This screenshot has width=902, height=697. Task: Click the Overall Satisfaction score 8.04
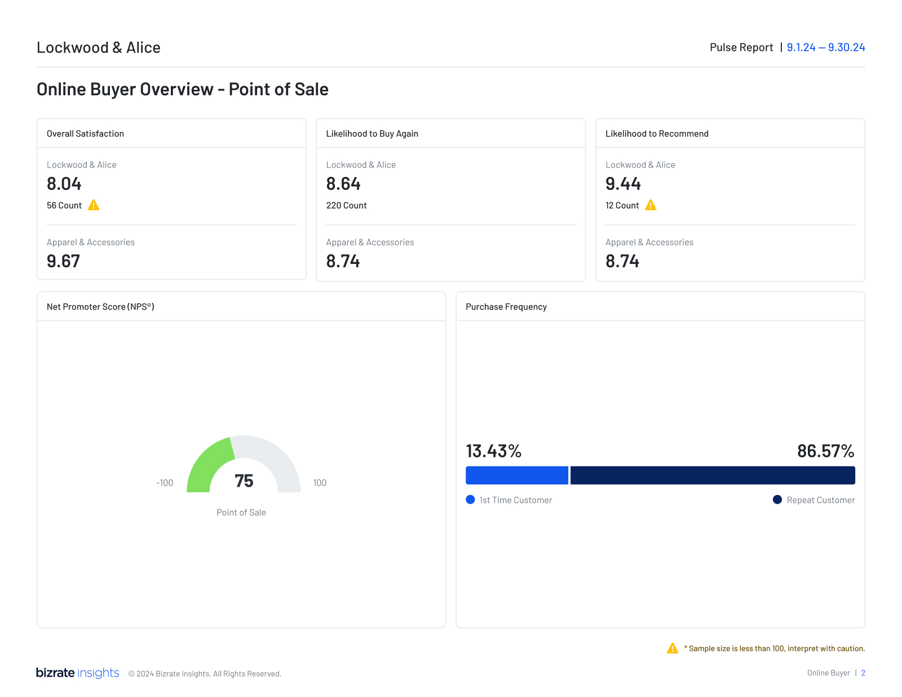pos(64,184)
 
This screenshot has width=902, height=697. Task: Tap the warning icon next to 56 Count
pos(94,205)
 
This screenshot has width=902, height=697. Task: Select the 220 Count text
pos(346,206)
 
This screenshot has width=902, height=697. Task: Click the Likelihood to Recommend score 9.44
pos(623,184)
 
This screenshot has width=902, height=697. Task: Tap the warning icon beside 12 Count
pos(651,205)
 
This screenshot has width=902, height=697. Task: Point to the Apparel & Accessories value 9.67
pos(63,261)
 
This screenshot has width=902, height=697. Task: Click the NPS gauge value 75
pos(244,481)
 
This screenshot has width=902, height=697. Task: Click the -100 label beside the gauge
pos(165,483)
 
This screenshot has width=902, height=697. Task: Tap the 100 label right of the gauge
pos(320,483)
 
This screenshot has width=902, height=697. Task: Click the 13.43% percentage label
pos(493,451)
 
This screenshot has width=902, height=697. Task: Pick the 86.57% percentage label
pos(825,451)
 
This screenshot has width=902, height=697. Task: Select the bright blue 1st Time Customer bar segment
pos(516,475)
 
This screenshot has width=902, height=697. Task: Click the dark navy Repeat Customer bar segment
pos(713,475)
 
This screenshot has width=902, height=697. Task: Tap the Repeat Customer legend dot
pos(777,500)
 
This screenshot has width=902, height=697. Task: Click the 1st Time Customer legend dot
pos(471,500)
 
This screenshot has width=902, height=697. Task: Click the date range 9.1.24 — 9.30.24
pos(825,47)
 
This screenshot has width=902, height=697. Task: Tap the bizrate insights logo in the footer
pos(77,673)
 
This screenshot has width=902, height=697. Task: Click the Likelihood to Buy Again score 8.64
pos(343,184)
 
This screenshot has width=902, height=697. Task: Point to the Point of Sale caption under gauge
pos(241,513)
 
